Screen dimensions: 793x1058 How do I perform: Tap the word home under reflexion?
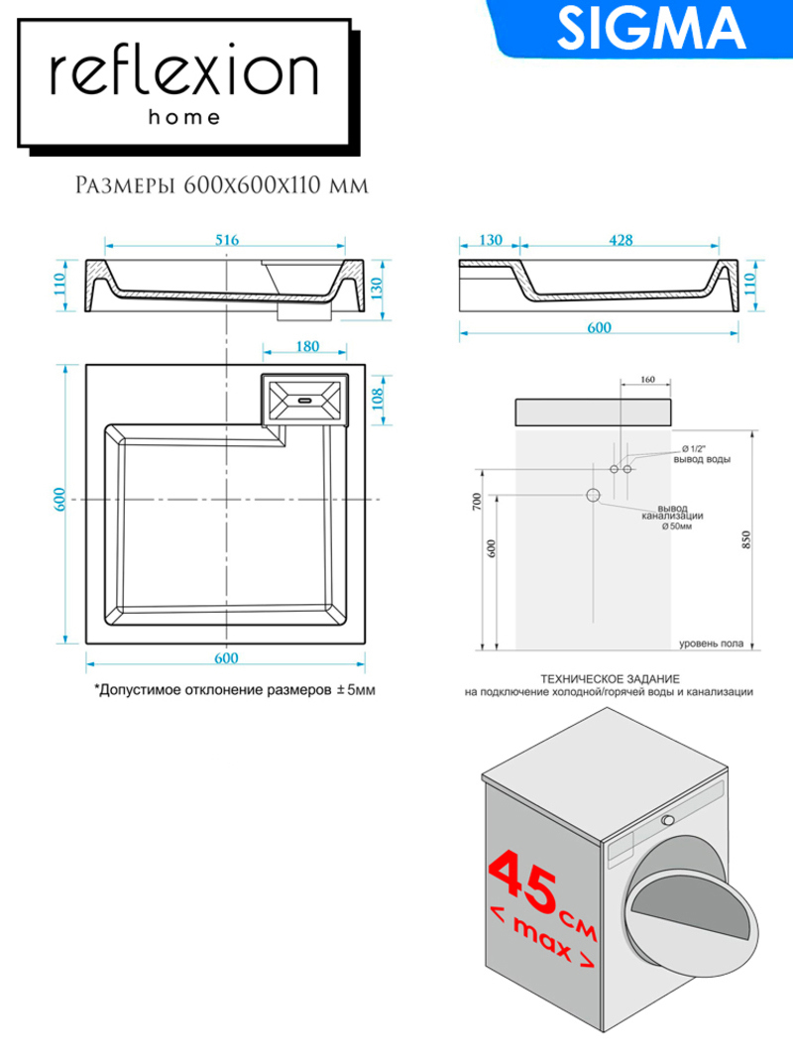pyautogui.click(x=184, y=117)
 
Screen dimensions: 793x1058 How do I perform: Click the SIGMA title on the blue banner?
pyautogui.click(x=651, y=28)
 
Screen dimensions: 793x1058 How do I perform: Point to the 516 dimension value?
pyautogui.click(x=227, y=240)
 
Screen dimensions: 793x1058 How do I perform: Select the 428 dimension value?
pyautogui.click(x=622, y=240)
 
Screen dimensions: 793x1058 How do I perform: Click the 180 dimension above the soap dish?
pyautogui.click(x=307, y=346)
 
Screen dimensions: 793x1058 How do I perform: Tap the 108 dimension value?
pyautogui.click(x=377, y=398)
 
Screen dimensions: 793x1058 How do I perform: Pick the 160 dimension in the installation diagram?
pyautogui.click(x=647, y=379)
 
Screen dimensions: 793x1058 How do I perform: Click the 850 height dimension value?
pyautogui.click(x=745, y=539)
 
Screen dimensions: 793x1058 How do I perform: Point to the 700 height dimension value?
pyautogui.click(x=478, y=502)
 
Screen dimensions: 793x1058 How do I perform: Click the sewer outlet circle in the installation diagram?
pyautogui.click(x=593, y=495)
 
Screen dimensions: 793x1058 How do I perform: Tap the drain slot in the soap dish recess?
pyautogui.click(x=304, y=400)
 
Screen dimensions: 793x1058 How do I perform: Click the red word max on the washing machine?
pyautogui.click(x=542, y=937)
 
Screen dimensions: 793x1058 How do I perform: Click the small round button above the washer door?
pyautogui.click(x=667, y=820)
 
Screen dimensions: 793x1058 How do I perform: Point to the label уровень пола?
pyautogui.click(x=711, y=644)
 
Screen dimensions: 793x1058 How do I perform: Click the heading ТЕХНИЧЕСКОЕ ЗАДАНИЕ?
pyautogui.click(x=610, y=679)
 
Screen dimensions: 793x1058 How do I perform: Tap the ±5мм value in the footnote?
pyautogui.click(x=356, y=690)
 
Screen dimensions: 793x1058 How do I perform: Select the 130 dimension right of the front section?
pyautogui.click(x=377, y=289)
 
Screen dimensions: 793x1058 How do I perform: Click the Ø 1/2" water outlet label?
pyautogui.click(x=694, y=449)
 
